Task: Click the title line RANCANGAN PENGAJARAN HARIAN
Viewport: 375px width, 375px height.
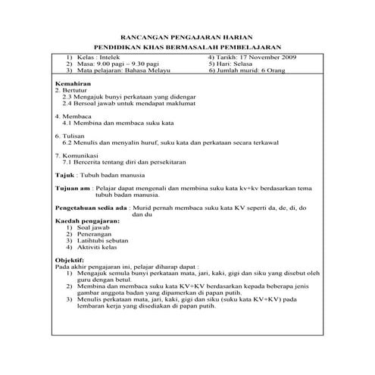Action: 187,37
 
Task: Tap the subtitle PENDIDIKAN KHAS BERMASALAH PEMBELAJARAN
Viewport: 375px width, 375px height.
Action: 187,48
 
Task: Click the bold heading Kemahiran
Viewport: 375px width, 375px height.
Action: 73,82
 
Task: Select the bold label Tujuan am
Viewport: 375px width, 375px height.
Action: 73,187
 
